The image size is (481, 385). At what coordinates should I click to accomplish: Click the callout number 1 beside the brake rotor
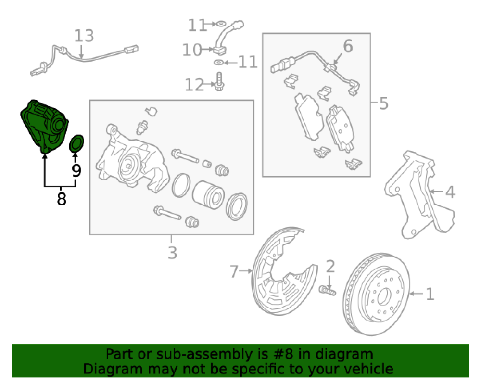pos(430,294)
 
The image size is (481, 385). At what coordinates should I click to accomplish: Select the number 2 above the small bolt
pos(330,266)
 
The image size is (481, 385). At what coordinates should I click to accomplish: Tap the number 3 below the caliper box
pos(172,252)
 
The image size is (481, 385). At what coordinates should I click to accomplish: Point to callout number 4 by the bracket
pos(449,192)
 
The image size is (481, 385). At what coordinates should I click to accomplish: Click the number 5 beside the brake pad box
pos(383,103)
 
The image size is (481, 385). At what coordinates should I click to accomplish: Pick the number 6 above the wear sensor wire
pos(348,47)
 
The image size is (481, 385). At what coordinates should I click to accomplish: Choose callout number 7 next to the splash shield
pos(234,272)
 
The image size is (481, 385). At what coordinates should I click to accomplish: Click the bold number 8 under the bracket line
pos(61,198)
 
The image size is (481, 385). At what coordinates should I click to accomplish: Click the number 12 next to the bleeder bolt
pos(194,85)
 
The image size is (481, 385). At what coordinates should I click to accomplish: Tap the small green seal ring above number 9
pos(77,143)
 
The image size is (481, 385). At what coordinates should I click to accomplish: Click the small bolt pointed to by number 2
pos(327,291)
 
